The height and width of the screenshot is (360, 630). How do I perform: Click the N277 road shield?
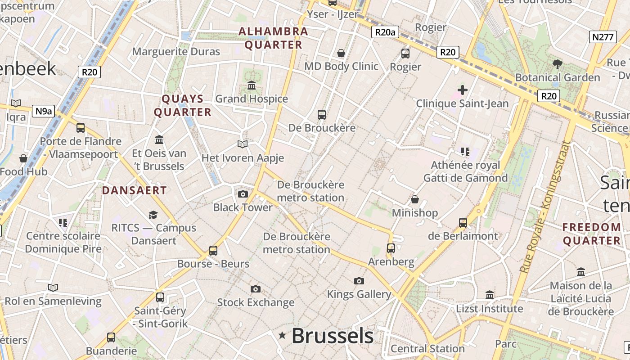(603, 37)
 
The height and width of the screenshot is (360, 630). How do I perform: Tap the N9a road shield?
(43, 111)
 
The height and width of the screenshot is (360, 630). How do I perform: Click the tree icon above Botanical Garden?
(558, 64)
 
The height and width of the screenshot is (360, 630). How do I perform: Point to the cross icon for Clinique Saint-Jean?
(462, 90)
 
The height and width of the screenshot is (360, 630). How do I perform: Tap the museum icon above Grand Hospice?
(252, 85)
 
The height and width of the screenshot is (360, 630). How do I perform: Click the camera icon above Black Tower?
(243, 194)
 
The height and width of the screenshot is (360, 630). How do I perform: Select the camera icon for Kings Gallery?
(359, 281)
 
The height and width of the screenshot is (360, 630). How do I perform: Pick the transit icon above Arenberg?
(391, 248)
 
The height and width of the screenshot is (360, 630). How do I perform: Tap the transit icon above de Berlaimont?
(463, 222)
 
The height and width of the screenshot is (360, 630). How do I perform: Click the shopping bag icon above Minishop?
(414, 199)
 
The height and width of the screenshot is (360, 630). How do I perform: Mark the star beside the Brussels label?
(282, 335)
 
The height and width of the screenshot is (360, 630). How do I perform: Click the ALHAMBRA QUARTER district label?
(273, 38)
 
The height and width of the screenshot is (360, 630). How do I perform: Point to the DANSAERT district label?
(134, 190)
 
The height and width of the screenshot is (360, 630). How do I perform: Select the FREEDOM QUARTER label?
(591, 234)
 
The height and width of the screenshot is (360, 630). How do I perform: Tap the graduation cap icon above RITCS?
(153, 214)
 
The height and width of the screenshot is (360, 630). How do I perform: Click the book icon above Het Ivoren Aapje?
(243, 144)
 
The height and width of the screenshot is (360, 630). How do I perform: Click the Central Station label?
(427, 349)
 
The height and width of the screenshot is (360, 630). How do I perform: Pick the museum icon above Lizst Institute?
(490, 295)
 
